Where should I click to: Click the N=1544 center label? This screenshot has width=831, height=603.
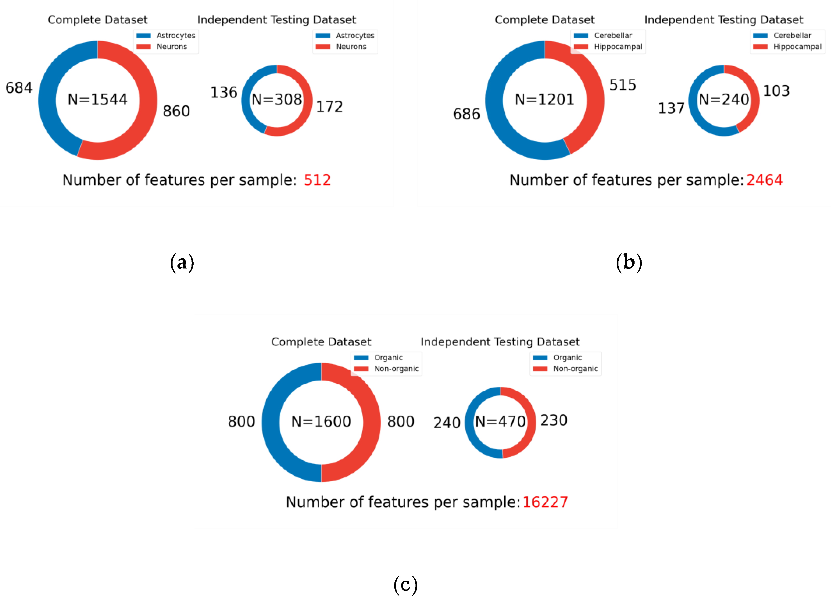coord(97,99)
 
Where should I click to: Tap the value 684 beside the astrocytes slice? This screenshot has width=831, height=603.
coord(19,88)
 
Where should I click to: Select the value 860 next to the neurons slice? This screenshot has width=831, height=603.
coord(176,111)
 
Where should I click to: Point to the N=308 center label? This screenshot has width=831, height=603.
coord(277,99)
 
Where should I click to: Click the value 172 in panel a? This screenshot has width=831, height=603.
coord(329,107)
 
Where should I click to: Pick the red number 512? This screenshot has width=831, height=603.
coord(317,180)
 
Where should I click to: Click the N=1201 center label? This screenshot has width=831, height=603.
coord(544,99)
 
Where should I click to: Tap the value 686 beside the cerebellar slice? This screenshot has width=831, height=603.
coord(466,114)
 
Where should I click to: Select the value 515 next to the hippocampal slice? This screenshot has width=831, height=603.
coord(623,85)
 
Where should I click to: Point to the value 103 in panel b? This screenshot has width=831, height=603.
coord(776,91)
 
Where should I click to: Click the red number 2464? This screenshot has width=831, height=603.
coord(764,180)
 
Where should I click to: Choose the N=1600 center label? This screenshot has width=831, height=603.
coord(321,422)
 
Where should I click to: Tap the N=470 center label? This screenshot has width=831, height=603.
coord(500,422)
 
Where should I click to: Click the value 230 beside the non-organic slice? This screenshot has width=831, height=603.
coord(554,420)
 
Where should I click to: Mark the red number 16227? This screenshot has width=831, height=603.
coord(545,502)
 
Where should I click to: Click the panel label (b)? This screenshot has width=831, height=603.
coord(629,263)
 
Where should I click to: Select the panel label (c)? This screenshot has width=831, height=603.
coord(405,584)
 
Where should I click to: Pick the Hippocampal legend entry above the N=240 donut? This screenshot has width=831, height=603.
coord(797,47)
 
